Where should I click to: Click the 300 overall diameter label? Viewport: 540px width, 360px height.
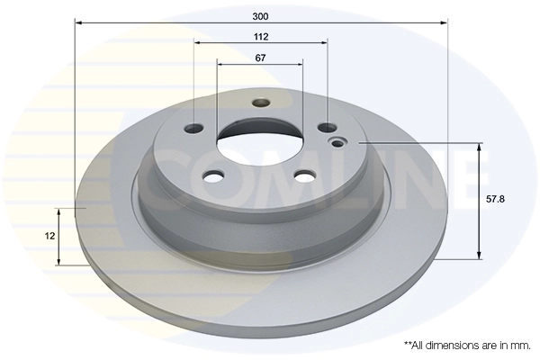coord(261,16)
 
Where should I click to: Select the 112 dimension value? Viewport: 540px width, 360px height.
coord(261,37)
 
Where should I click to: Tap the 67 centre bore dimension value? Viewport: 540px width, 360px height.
coord(260,58)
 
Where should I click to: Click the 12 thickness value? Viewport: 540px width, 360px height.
coord(50,235)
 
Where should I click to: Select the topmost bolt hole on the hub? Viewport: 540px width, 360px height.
coord(260,103)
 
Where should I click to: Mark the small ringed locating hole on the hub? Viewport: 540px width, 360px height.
coord(339,142)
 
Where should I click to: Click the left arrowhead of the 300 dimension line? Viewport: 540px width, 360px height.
coord(77,23)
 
